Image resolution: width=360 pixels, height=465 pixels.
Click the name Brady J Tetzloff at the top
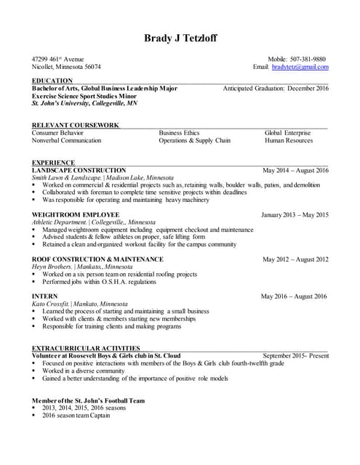coord(180,38)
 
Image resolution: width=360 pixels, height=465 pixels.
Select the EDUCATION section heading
coord(52,81)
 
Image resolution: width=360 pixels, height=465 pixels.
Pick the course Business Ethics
coord(179,133)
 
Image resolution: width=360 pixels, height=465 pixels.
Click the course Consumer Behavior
coord(57,133)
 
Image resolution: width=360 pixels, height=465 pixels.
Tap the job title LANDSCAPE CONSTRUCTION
coord(79,170)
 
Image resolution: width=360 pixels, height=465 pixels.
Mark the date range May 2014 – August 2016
coord(295,171)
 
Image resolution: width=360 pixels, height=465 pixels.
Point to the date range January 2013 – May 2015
coord(295,215)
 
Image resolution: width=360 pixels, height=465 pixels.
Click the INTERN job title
coord(45,296)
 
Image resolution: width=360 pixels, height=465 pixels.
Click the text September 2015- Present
coord(295,356)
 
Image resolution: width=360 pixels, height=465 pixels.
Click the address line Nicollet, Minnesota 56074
coord(66,67)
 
